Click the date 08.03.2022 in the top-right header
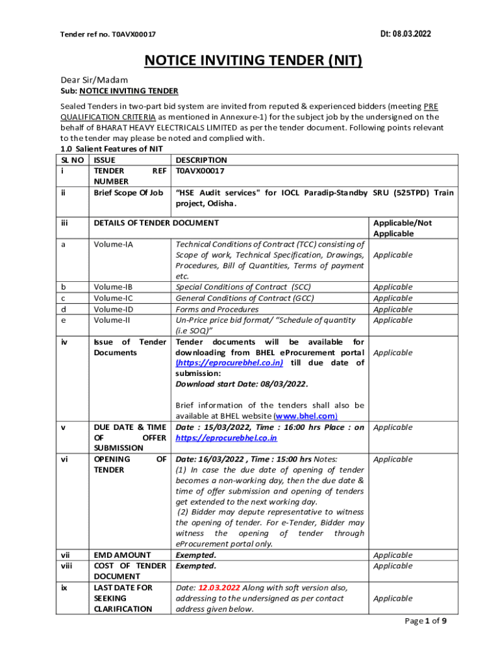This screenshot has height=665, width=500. (x=412, y=34)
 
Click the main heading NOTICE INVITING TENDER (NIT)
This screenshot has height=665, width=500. (x=253, y=60)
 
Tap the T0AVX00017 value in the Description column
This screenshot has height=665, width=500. (x=200, y=171)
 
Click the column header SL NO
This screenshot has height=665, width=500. (x=72, y=160)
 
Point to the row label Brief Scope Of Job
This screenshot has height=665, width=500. (x=129, y=193)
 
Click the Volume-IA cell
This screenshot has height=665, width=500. (x=114, y=244)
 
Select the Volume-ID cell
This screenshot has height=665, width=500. (x=114, y=309)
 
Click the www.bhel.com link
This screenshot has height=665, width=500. (x=306, y=416)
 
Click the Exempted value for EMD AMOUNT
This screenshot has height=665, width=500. (x=196, y=555)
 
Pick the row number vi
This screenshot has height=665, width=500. (x=64, y=459)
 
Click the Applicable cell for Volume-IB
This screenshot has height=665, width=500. (x=393, y=287)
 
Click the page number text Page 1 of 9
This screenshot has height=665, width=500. (x=425, y=621)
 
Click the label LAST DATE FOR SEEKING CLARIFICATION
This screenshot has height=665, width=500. (x=123, y=598)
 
